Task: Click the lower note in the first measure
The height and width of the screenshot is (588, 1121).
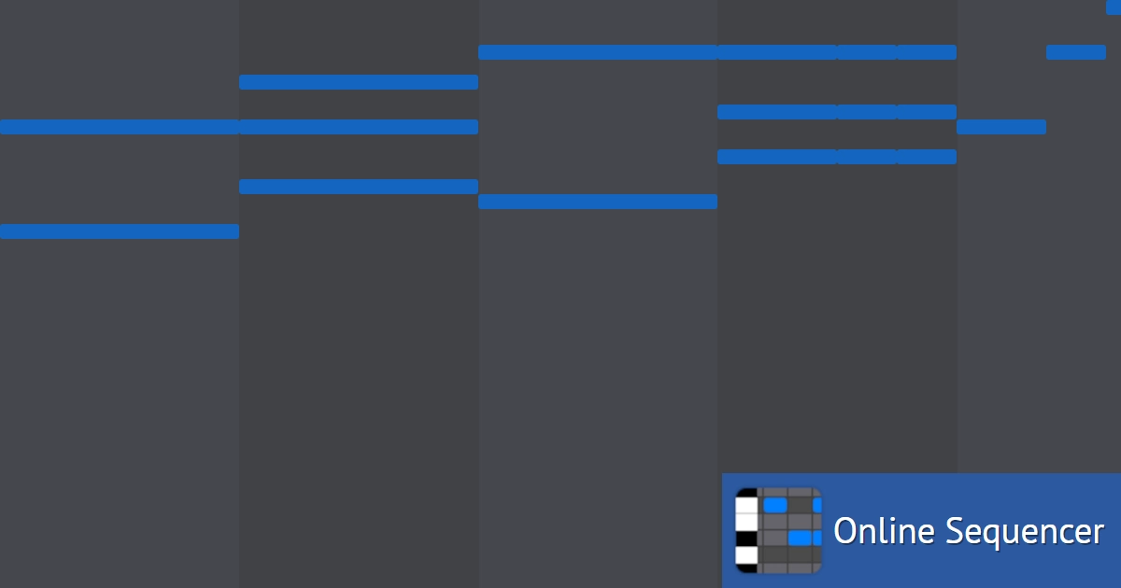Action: coord(120,231)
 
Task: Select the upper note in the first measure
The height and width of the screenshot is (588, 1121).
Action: coord(120,127)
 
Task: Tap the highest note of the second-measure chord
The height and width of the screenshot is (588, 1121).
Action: coord(359,82)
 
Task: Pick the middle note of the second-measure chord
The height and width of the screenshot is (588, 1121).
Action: coord(359,127)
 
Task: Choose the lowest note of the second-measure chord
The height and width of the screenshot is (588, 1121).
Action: coord(359,187)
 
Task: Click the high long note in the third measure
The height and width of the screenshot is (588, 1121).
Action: coord(598,52)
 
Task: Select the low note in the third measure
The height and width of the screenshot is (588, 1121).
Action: coord(598,202)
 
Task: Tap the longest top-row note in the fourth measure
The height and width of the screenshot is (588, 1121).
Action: coord(777,52)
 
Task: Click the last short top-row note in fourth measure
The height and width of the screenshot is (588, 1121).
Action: coord(927,52)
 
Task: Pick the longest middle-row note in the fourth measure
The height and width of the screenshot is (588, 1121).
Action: coord(777,112)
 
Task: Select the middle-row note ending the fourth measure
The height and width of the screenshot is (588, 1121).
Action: coord(927,112)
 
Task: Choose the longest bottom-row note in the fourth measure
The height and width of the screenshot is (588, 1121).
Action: coord(777,157)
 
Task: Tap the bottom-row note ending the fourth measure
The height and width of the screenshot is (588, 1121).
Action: coord(927,157)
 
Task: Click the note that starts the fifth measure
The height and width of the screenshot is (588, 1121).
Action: coord(1001,127)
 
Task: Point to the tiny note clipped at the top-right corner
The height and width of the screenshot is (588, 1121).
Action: coord(1114,7)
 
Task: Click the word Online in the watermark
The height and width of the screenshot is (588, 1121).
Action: coord(884,531)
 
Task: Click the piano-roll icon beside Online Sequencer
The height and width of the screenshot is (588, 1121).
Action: coord(778,530)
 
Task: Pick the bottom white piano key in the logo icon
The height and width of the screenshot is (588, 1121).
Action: coord(746,555)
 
